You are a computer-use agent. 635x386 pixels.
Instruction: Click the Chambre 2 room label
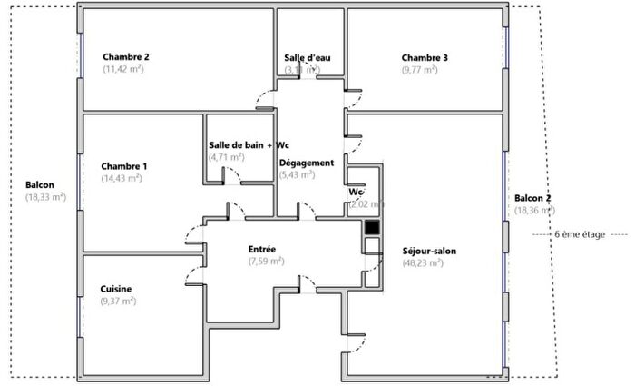(x=125, y=56)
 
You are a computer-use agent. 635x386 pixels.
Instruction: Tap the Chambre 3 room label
(x=425, y=58)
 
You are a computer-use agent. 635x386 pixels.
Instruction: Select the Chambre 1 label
(x=124, y=166)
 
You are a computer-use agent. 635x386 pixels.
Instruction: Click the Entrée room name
(x=262, y=249)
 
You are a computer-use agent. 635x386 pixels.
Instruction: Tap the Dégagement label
(x=306, y=163)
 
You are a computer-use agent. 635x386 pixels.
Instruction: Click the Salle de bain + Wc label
(x=249, y=145)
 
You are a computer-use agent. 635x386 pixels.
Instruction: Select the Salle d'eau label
(x=307, y=58)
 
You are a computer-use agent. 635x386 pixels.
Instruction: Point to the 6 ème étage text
(x=580, y=233)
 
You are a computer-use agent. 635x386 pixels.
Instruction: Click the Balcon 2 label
(x=532, y=198)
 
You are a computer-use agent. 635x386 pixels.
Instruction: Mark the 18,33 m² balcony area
(x=45, y=196)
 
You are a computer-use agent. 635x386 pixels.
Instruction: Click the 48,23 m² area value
(x=423, y=263)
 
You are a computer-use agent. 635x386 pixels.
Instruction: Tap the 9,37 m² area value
(x=118, y=301)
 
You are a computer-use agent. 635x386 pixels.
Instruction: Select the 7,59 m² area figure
(x=266, y=261)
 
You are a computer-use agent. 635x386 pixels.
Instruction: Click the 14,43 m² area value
(x=121, y=179)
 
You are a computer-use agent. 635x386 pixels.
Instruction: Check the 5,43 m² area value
(x=298, y=174)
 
